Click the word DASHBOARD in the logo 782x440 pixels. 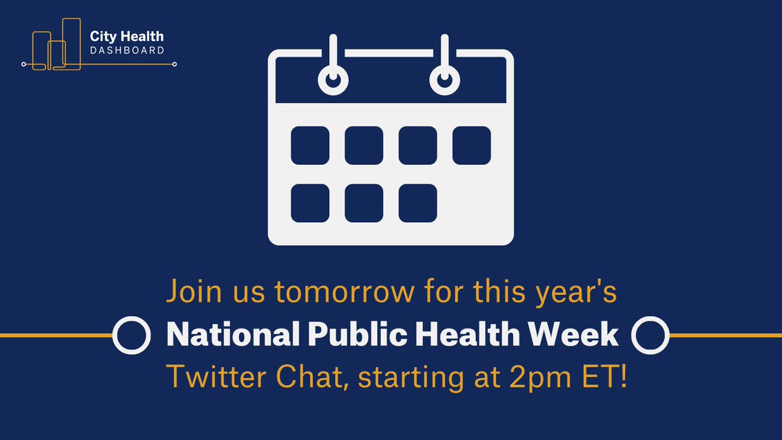point(127,50)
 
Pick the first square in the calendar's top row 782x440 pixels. point(310,145)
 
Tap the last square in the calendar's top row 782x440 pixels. point(472,145)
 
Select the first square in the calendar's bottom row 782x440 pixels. point(310,203)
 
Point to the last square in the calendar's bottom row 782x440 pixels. point(418,203)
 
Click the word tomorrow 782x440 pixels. point(345,292)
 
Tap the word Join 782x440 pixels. point(194,291)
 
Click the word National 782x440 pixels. point(233,334)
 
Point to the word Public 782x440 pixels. point(357,335)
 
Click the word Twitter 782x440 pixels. point(216,377)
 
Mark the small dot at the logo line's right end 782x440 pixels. point(175,65)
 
